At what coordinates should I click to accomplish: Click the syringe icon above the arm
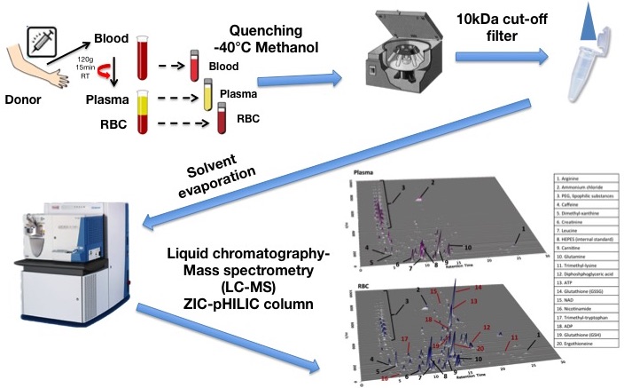coord(41,42)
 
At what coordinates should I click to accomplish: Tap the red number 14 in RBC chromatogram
coord(478,289)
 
